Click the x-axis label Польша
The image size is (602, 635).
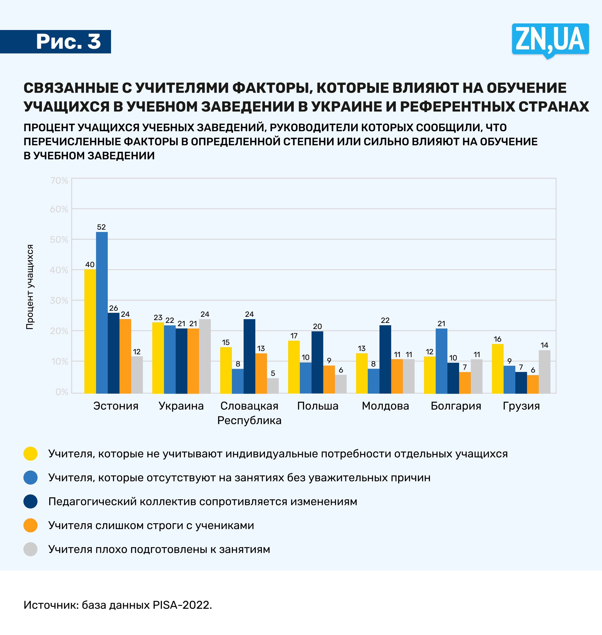[318, 406]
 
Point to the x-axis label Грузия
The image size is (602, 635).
[521, 406]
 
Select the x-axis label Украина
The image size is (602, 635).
[181, 406]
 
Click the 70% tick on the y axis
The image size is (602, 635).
[59, 180]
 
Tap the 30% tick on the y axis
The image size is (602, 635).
[59, 300]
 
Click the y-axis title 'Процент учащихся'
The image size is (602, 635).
[30, 287]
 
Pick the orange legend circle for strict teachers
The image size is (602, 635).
[30, 525]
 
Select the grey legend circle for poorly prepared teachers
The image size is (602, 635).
[30, 549]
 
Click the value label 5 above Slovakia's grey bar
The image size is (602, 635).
[273, 373]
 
